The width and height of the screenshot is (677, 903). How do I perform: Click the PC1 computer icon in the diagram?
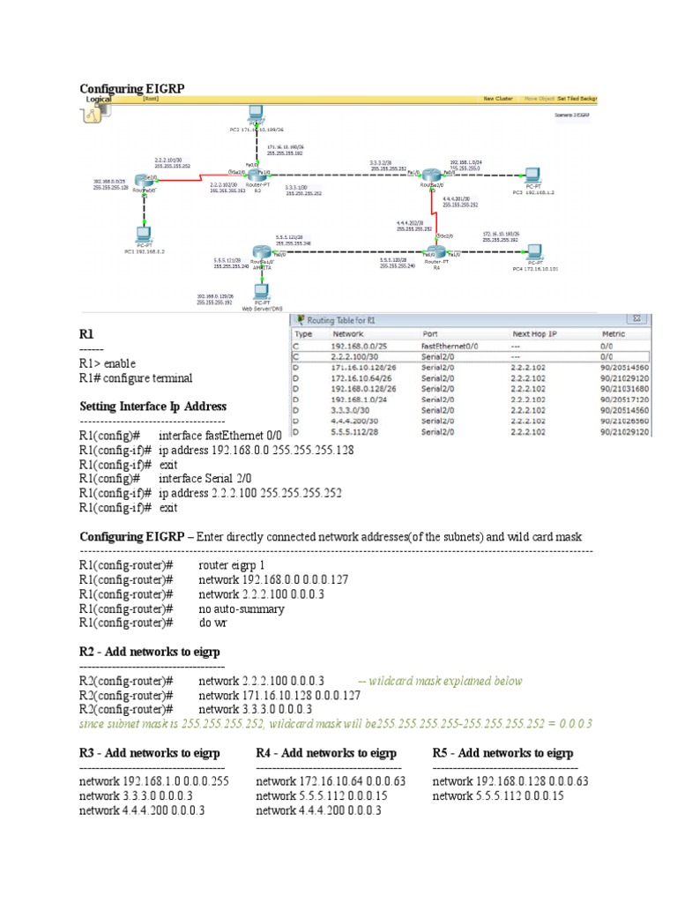(x=144, y=235)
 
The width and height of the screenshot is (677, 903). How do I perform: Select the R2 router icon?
(x=257, y=175)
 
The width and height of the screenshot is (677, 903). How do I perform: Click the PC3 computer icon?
(x=532, y=175)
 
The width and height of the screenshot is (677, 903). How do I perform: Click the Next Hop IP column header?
(x=533, y=334)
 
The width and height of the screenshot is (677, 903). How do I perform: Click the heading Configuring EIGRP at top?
(x=132, y=88)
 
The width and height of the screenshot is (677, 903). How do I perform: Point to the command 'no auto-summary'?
(x=242, y=609)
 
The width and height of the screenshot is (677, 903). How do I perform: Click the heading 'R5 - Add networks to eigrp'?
(x=502, y=753)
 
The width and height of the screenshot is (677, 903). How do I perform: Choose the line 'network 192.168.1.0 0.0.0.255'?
(x=153, y=781)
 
